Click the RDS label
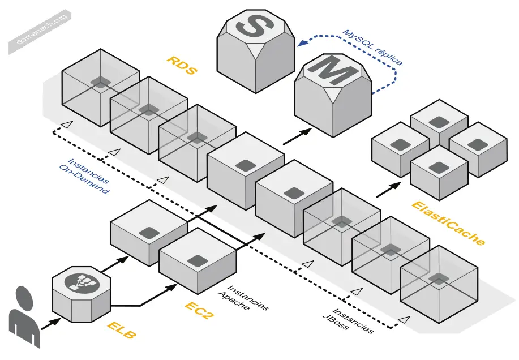(182, 66)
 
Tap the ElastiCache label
(448, 224)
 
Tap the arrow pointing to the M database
(298, 136)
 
